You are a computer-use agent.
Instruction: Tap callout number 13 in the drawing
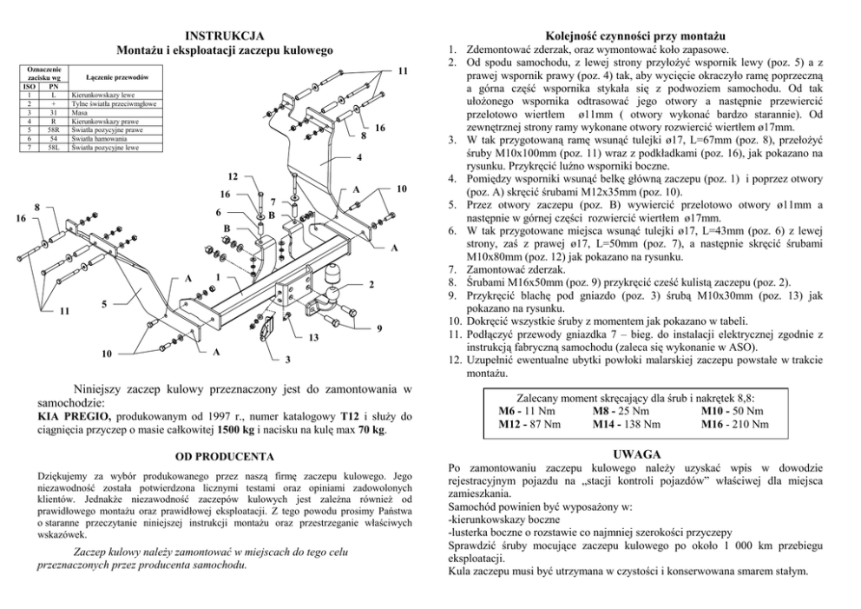coord(315,335)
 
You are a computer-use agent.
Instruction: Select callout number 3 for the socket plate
coord(288,359)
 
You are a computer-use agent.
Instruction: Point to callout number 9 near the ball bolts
coord(379,327)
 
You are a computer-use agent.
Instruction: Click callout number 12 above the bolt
coord(233,176)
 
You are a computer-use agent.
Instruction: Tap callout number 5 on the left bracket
coord(104,304)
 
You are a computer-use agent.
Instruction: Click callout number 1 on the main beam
coord(216,277)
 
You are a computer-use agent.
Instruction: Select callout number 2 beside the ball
coord(371,285)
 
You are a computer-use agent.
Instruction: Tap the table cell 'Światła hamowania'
coord(99,138)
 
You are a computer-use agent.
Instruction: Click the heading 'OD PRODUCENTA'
coord(225,456)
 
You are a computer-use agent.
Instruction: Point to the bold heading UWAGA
coord(638,453)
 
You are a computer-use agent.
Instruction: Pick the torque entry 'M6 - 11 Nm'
coord(527,410)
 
